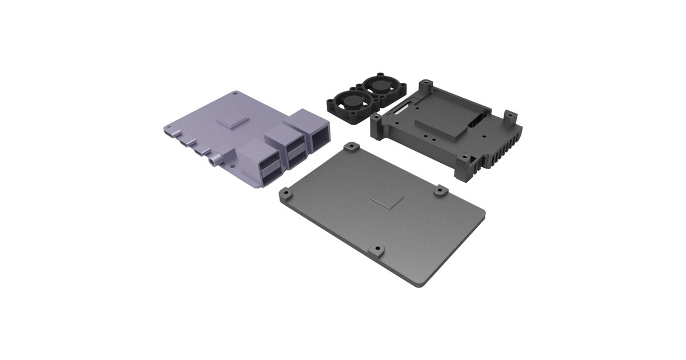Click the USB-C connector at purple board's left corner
click(167, 131)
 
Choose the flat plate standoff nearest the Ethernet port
click(351, 147)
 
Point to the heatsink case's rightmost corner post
click(510, 118)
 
